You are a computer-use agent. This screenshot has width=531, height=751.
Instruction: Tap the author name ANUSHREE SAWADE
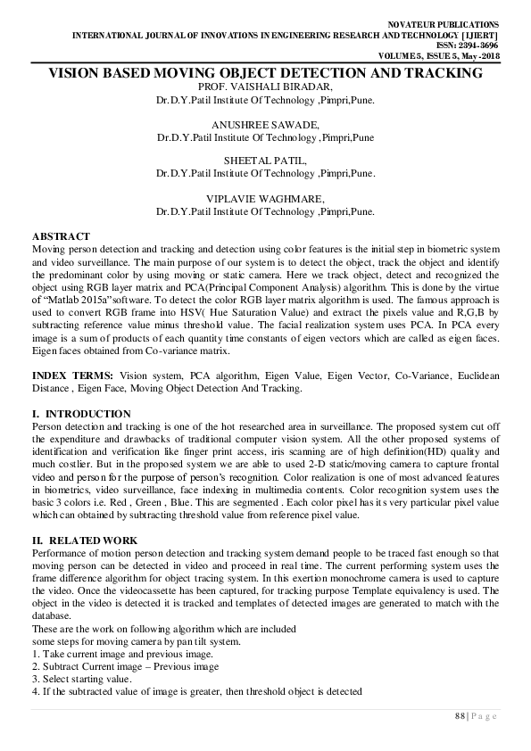(265, 125)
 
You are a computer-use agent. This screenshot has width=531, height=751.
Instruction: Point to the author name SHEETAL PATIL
(265, 161)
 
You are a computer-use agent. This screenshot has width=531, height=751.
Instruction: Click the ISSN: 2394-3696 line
(475, 44)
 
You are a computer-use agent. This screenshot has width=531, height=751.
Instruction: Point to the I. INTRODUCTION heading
(81, 415)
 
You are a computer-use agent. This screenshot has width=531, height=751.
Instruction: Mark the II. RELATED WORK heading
(84, 541)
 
